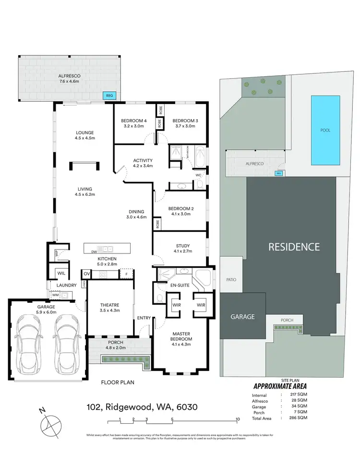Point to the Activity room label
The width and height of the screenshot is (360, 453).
point(143,160)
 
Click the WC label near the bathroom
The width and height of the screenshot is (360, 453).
point(198,175)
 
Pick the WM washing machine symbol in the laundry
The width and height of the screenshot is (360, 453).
point(56,296)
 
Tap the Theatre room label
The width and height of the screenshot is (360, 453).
point(110,305)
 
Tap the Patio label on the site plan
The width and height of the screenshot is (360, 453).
point(231,280)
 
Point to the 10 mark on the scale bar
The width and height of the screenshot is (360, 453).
point(237,419)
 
